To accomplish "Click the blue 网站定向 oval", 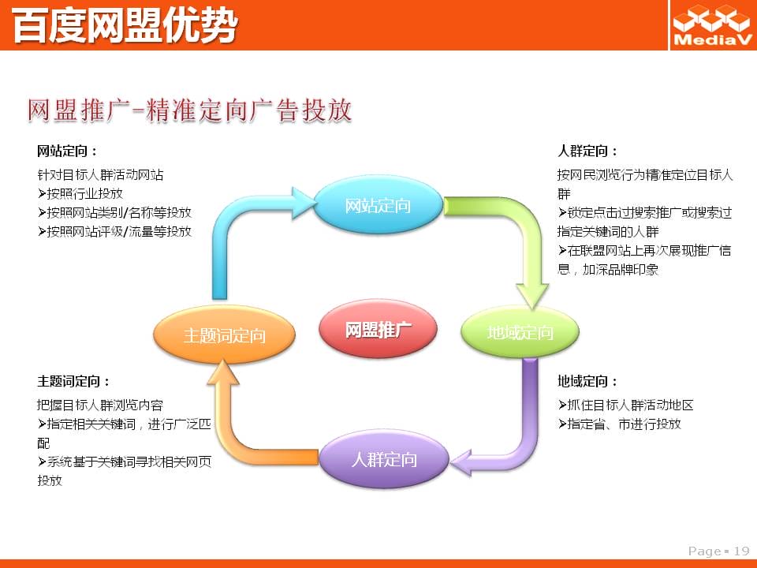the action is pyautogui.click(x=378, y=205).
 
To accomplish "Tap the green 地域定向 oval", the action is pyautogui.click(x=520, y=332).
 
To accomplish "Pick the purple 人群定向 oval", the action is pyautogui.click(x=384, y=459).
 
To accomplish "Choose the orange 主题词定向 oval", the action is pyautogui.click(x=225, y=334).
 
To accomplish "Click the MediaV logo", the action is pyautogui.click(x=712, y=25).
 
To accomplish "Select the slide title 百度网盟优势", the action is pyautogui.click(x=125, y=25).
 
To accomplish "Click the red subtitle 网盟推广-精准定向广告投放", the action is pyautogui.click(x=189, y=110).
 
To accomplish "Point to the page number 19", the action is pyautogui.click(x=741, y=551).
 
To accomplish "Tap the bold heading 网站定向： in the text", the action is pyautogui.click(x=68, y=151).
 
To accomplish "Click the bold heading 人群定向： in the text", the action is pyautogui.click(x=587, y=151).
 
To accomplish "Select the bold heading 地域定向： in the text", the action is pyautogui.click(x=587, y=382).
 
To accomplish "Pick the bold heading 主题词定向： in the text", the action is pyautogui.click(x=73, y=382).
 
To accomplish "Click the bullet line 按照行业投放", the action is pyautogui.click(x=80, y=194).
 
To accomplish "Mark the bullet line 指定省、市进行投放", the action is pyautogui.click(x=620, y=424).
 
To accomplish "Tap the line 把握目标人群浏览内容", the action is pyautogui.click(x=100, y=405).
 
